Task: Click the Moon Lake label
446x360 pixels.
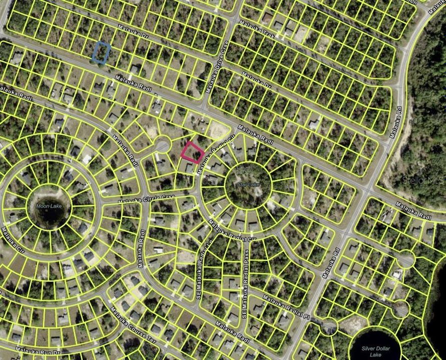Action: (47, 205)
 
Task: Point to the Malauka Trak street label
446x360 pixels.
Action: (257, 30)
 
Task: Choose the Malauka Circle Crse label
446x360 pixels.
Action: (146, 199)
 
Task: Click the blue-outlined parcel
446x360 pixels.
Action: (102, 52)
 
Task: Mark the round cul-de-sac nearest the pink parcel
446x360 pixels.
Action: (163, 145)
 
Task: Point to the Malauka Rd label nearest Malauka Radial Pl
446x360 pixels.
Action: (330, 263)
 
